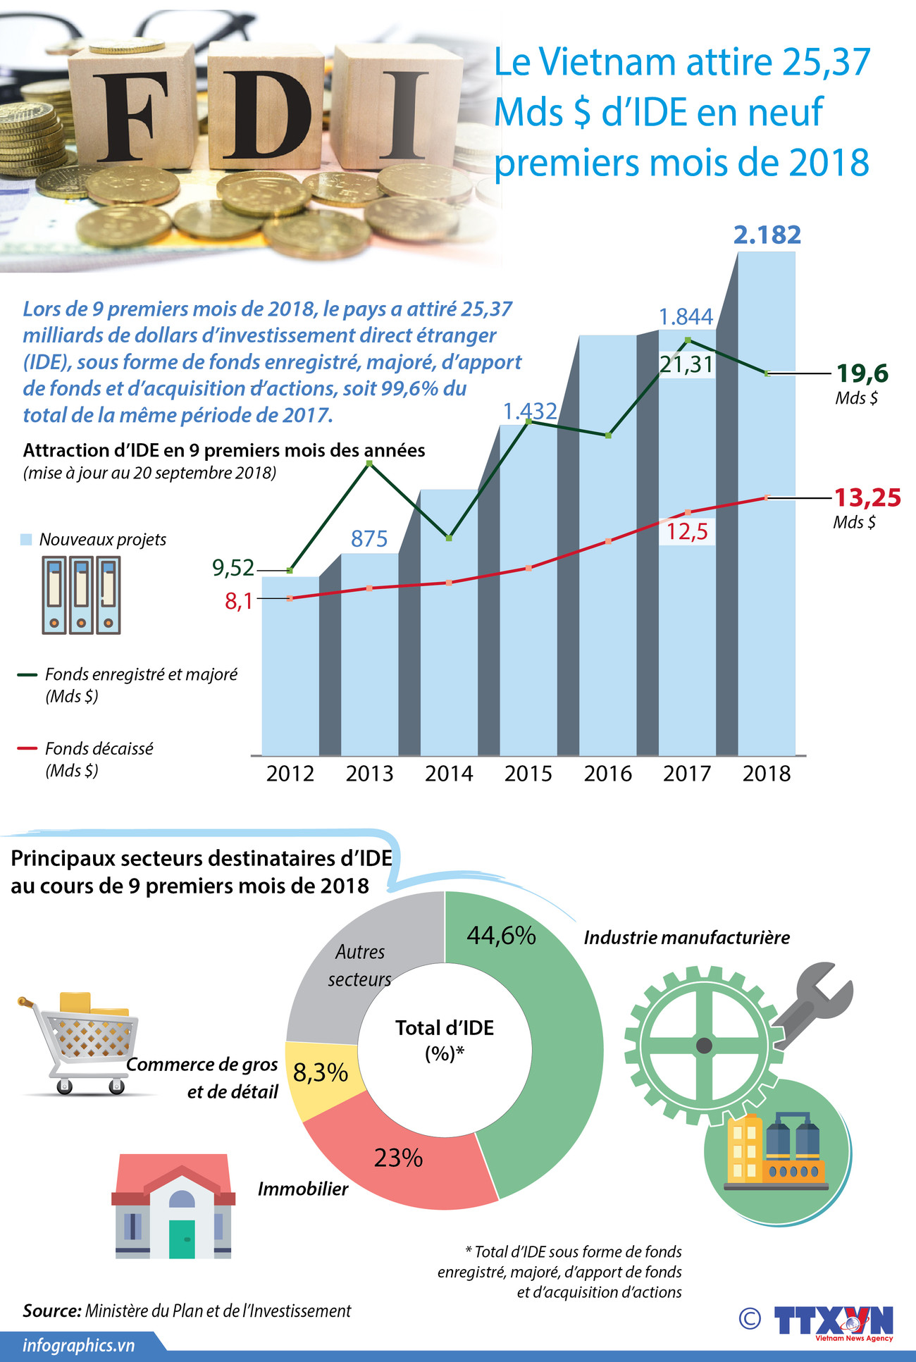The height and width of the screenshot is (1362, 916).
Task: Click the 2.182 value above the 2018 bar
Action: [x=767, y=235]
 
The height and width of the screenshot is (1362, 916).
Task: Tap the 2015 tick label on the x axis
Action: [x=528, y=773]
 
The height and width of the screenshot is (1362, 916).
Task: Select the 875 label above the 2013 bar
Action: [x=369, y=539]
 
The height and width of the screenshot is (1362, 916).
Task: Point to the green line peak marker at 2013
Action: [x=369, y=463]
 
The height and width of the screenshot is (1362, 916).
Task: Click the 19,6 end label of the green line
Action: [x=862, y=373]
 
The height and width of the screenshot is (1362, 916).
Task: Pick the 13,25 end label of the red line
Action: [x=867, y=497]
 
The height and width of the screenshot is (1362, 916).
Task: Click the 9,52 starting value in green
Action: [x=233, y=567]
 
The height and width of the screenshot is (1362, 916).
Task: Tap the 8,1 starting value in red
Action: [x=238, y=601]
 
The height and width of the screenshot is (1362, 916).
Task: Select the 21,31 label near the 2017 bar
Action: [x=686, y=364]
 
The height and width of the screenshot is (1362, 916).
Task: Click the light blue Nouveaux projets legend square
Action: [x=26, y=540]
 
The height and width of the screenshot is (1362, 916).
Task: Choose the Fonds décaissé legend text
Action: [x=99, y=748]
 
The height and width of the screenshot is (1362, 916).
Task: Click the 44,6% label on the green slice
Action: [x=501, y=935]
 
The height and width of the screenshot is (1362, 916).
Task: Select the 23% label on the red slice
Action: [x=398, y=1157]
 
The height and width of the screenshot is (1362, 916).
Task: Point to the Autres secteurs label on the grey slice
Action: [x=359, y=965]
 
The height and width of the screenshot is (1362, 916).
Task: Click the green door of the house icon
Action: [x=182, y=1238]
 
